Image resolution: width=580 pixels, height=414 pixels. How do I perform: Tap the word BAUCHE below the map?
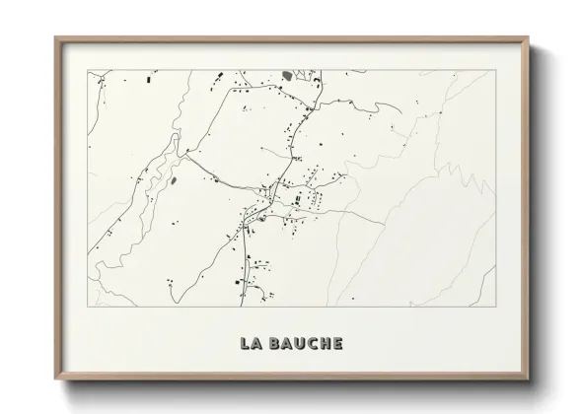304,344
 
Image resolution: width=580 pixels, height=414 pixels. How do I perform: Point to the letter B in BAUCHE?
271,344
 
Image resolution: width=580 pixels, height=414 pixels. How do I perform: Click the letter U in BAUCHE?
297,344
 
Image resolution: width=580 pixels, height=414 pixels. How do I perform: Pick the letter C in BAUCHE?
310,344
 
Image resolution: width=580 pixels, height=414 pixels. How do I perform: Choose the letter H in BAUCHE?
324,344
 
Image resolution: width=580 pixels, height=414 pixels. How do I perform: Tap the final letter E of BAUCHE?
336,344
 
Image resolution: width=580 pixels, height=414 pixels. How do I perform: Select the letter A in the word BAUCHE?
284,344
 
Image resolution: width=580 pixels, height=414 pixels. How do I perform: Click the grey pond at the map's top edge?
288,75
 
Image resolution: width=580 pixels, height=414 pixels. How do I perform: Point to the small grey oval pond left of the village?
174,181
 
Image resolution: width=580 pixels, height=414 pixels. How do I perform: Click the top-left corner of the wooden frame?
55,37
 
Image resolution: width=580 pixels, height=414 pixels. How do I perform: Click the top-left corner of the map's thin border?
89,70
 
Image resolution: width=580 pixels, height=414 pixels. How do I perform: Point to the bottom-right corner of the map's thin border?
493,307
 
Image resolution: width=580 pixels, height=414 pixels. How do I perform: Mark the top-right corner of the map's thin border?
493,70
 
